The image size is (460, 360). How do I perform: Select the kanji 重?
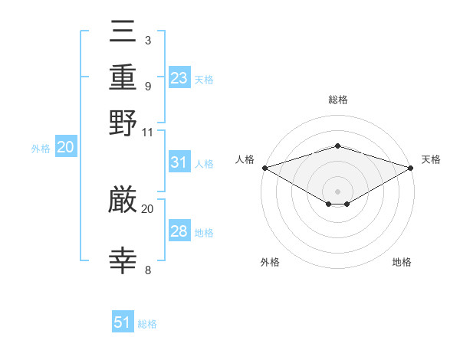[x=123, y=79]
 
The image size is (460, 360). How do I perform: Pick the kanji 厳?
[x=123, y=201]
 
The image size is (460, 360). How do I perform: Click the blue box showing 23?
[x=179, y=78]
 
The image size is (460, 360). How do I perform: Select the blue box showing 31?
[x=179, y=162]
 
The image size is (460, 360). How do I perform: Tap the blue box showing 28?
[x=179, y=231]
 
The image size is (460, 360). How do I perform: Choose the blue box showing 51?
[x=123, y=322]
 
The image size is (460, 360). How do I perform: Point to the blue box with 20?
[x=65, y=148]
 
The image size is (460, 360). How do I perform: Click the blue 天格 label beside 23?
[x=204, y=79]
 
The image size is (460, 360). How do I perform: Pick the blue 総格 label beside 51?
[x=147, y=324]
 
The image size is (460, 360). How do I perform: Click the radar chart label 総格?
[x=337, y=100]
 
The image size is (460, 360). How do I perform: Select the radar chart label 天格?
[x=431, y=159]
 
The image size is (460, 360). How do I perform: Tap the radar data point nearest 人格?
[x=264, y=168]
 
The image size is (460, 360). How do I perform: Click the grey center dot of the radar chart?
[x=337, y=191]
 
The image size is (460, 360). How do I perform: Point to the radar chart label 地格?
[x=402, y=262]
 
